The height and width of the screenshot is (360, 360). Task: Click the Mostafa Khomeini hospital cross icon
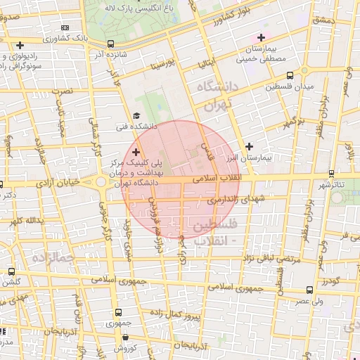coord(262,37)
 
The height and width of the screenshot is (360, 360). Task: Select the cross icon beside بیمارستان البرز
coord(249,146)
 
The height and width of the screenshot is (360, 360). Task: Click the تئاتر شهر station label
coord(330,185)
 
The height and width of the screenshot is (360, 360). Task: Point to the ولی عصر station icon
coord(310,289)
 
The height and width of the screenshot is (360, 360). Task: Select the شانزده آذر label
coord(109,53)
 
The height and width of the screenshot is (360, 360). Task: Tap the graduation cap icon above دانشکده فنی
coord(136,117)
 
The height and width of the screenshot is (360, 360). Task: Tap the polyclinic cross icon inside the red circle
coord(136,153)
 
